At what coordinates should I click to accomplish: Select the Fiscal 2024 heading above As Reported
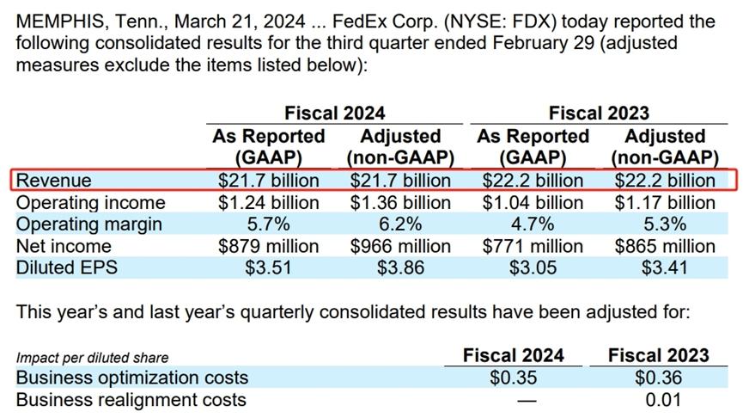coord(334,113)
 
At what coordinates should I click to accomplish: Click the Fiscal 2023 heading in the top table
coord(599,113)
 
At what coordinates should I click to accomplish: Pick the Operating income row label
coord(90,203)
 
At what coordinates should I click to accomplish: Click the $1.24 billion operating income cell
coord(268,203)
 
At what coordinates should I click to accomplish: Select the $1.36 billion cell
coord(399,203)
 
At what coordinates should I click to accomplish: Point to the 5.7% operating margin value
coord(268,224)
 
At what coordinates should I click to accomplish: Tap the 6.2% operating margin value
coord(399,224)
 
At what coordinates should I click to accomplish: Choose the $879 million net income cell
coord(268,246)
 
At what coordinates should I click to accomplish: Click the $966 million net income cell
coord(399,246)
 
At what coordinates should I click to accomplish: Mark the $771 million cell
coord(532,246)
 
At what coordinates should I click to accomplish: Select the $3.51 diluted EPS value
coord(268,267)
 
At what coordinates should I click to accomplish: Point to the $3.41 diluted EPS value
coord(664,267)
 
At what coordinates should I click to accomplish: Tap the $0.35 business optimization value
coord(513,378)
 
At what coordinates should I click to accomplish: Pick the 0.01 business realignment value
coord(659,400)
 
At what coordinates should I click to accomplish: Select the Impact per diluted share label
coord(92,358)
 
